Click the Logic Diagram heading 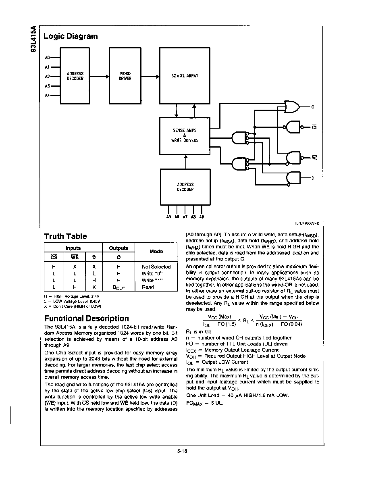point(71,36)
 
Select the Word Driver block point(125,76)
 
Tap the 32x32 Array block point(185,76)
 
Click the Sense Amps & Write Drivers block point(185,136)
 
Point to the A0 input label point(47,57)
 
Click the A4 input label point(47,96)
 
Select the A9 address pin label point(202,217)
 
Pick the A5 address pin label point(168,217)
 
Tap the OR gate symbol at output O point(292,106)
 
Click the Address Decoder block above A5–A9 point(185,187)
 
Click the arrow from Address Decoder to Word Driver point(100,77)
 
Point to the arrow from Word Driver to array point(150,77)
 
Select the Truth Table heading point(65,236)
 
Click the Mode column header point(156,252)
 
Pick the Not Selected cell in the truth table point(156,267)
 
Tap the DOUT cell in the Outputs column point(119,287)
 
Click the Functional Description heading point(87,319)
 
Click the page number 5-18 point(182,451)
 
